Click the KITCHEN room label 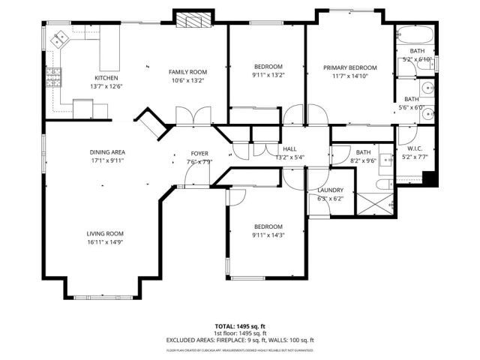click(105, 78)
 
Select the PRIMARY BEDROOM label click(349, 67)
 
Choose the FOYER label click(199, 153)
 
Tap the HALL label click(288, 149)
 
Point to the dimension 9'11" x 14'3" click(268, 235)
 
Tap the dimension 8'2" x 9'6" click(363, 160)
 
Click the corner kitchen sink click(58, 37)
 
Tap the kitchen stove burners click(53, 75)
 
